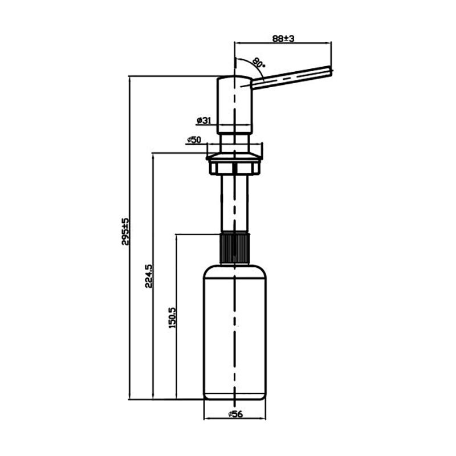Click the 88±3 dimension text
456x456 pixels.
click(x=283, y=38)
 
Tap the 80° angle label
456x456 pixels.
click(x=258, y=63)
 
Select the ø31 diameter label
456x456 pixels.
click(x=204, y=120)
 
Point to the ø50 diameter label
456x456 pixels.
click(x=194, y=140)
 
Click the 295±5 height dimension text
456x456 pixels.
click(x=125, y=231)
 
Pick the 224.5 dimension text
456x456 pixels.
click(x=149, y=276)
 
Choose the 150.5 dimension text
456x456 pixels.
click(x=172, y=317)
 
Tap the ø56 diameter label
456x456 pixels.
click(x=235, y=414)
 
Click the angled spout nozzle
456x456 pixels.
click(x=291, y=77)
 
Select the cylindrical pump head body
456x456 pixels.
click(x=234, y=105)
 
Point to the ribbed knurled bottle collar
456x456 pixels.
click(x=234, y=248)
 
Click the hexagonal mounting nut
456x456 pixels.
click(x=234, y=168)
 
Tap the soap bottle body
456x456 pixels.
click(x=234, y=332)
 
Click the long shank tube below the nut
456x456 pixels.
click(x=234, y=203)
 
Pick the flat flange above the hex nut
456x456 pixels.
click(x=234, y=157)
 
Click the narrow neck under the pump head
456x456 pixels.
click(x=234, y=143)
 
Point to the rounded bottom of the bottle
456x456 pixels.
click(x=234, y=397)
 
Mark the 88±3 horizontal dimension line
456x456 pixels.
click(x=283, y=43)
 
